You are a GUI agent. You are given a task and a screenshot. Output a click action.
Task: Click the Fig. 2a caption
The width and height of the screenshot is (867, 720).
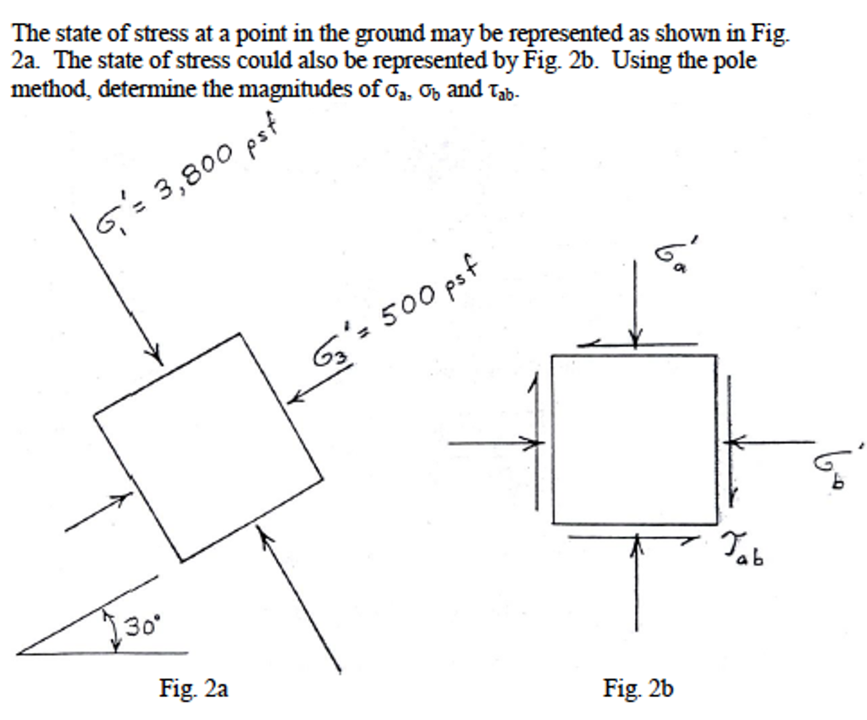tap(194, 689)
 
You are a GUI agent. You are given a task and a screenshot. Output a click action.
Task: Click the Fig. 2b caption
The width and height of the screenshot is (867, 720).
tap(638, 689)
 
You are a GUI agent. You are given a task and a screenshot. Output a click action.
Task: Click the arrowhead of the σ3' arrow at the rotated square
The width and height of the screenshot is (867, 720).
tap(295, 397)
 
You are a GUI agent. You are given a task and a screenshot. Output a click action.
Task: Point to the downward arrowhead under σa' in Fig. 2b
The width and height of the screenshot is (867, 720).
tap(635, 340)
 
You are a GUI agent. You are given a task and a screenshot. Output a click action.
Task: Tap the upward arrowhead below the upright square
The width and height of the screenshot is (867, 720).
tap(637, 540)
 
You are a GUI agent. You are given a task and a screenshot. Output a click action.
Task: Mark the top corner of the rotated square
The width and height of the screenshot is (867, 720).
tap(239, 334)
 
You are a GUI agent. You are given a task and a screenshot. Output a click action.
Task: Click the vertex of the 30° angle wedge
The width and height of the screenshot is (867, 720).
tap(18, 654)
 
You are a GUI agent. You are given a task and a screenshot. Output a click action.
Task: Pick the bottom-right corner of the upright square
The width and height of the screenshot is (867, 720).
tap(717, 523)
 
